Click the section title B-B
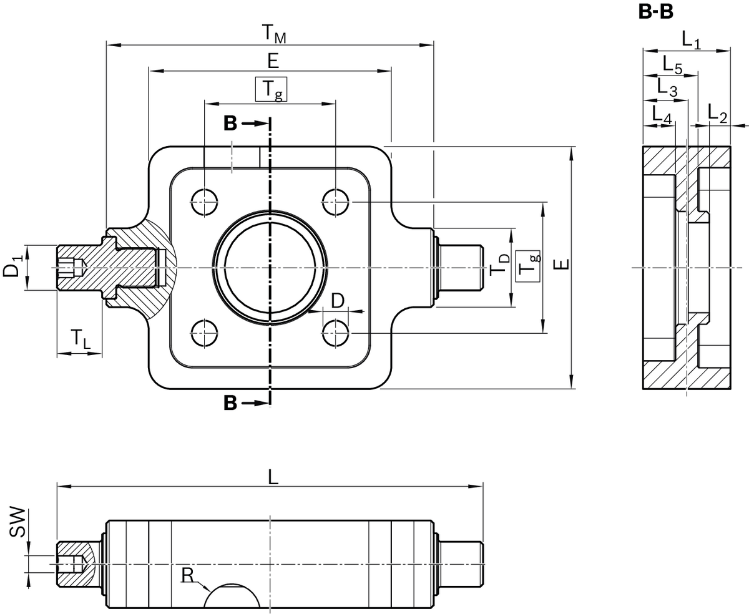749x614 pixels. pyautogui.click(x=656, y=12)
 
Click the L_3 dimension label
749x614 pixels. pyautogui.click(x=667, y=89)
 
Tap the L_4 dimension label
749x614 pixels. pyautogui.click(x=661, y=114)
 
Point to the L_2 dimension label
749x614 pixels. pyautogui.click(x=718, y=113)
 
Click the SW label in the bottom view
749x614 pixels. pyautogui.click(x=18, y=523)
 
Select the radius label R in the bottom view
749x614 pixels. pyautogui.click(x=187, y=574)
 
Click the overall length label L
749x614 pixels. pyautogui.click(x=273, y=477)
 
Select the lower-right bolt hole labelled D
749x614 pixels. pyautogui.click(x=336, y=333)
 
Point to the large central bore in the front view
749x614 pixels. pyautogui.click(x=270, y=268)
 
